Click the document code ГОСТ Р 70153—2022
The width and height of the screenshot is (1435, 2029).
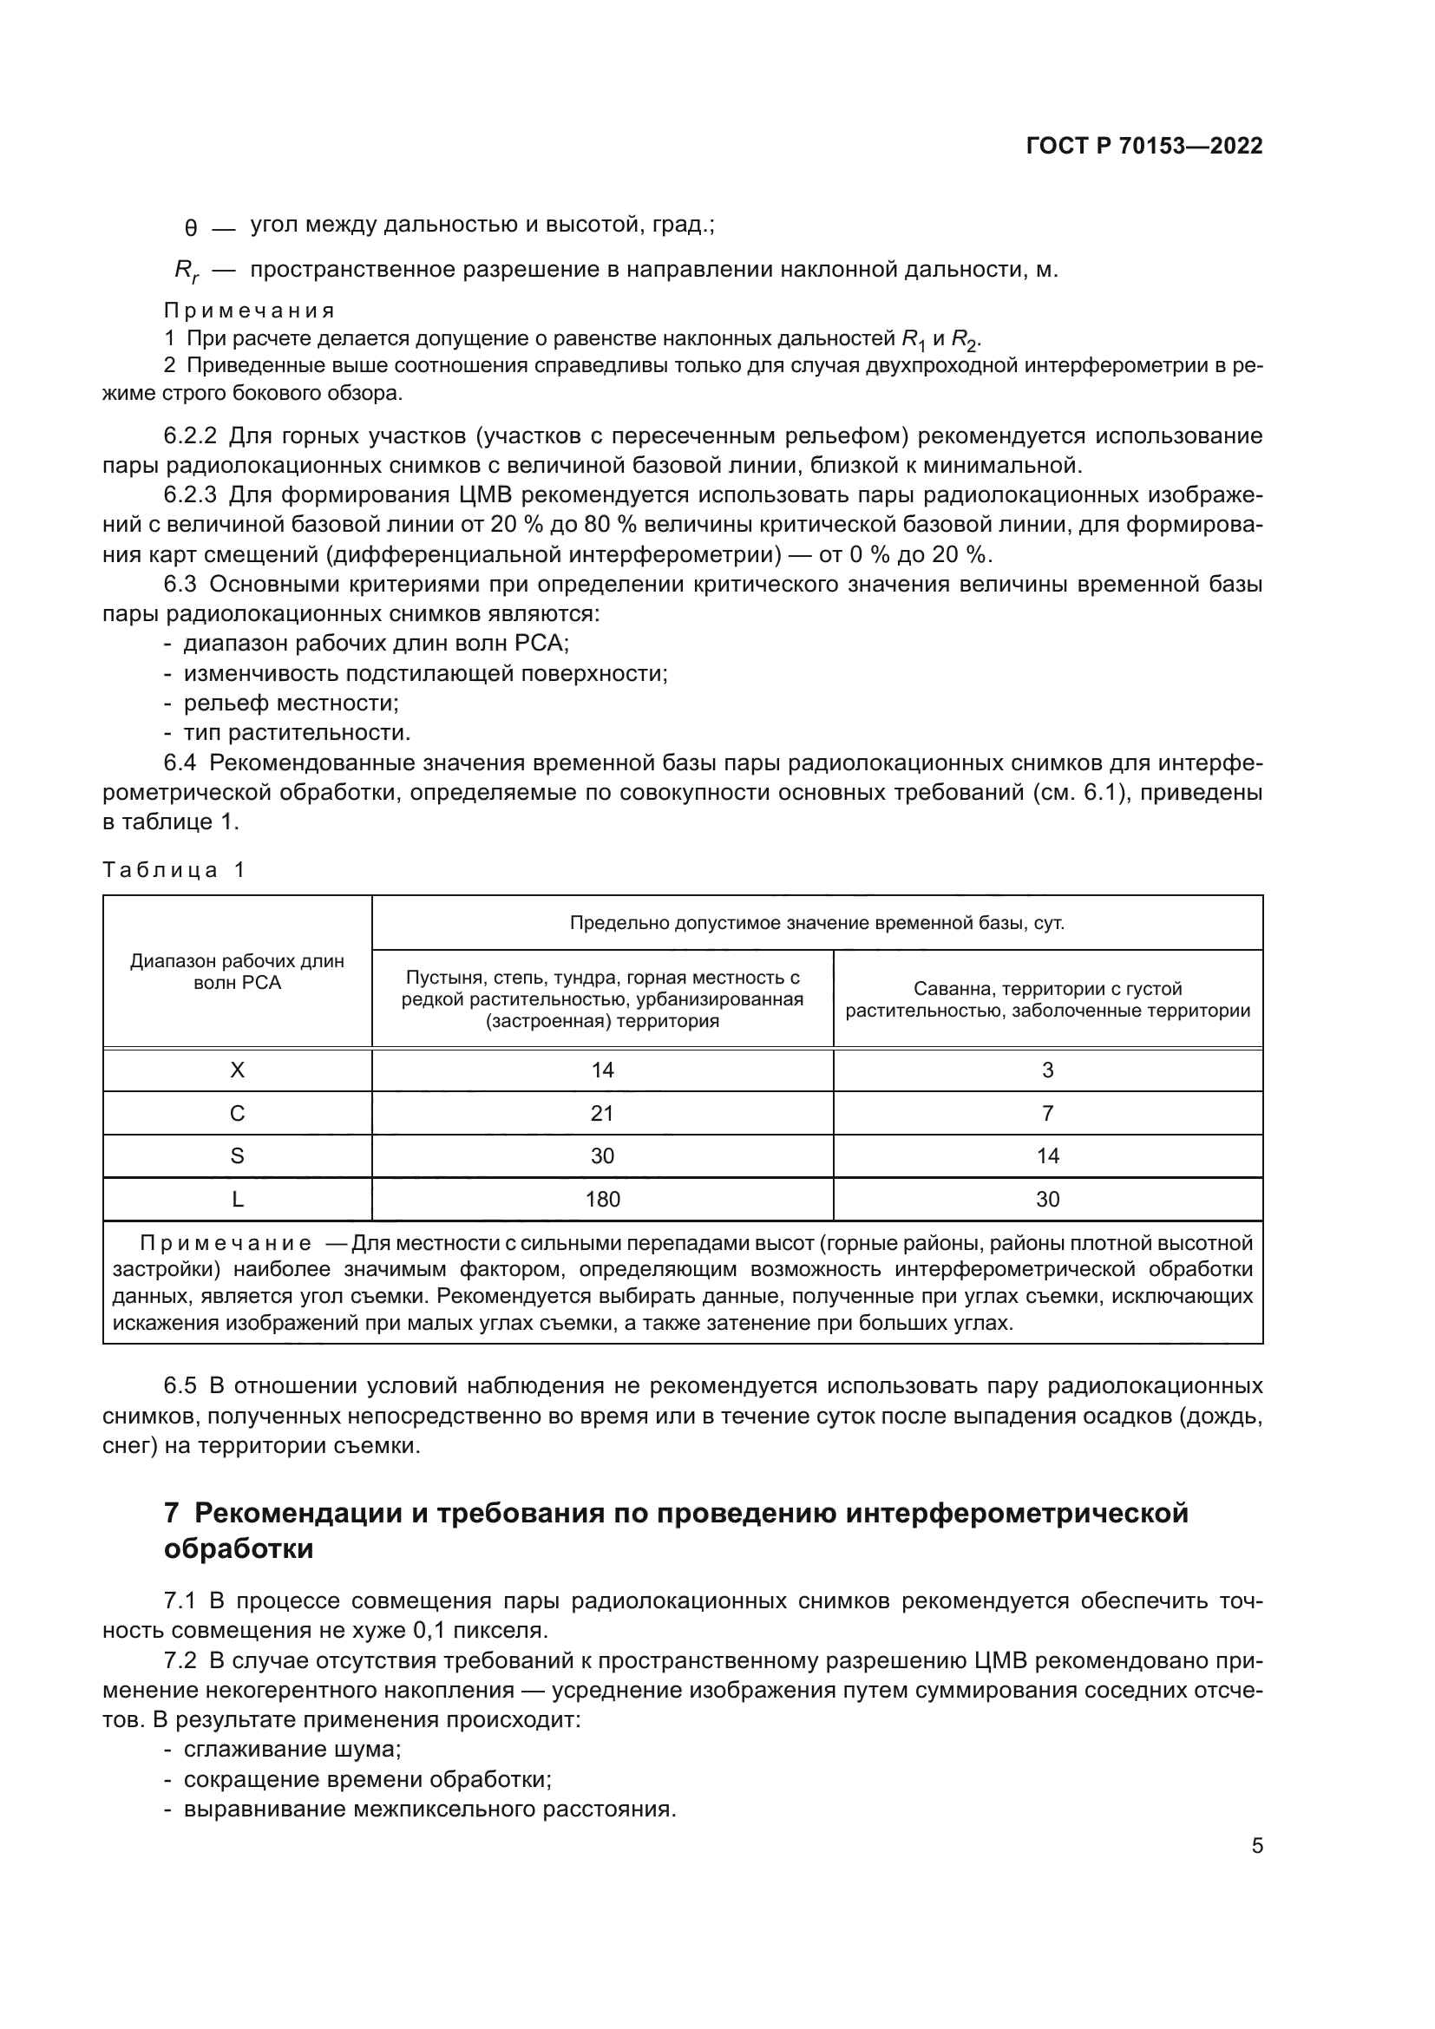tap(1144, 147)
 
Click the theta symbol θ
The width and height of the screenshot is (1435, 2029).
tap(190, 229)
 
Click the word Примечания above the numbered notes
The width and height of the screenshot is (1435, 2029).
tap(249, 311)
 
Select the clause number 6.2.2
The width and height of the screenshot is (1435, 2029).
tap(190, 435)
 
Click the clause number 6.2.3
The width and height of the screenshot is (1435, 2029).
tap(190, 494)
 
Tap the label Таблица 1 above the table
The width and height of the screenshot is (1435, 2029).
tap(174, 869)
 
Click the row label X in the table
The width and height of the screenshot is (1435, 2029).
tap(237, 1070)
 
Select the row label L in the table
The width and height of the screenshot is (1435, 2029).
tap(237, 1199)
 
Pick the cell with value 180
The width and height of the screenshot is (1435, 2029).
tap(602, 1199)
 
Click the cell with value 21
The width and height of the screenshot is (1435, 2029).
tap(602, 1114)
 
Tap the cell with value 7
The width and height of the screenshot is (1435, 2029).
tap(1047, 1114)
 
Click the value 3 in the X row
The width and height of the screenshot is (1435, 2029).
tap(1047, 1070)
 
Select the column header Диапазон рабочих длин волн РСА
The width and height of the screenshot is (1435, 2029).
tap(237, 972)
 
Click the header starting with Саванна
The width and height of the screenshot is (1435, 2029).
tap(1047, 999)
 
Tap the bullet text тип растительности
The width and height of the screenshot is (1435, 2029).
tap(297, 733)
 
